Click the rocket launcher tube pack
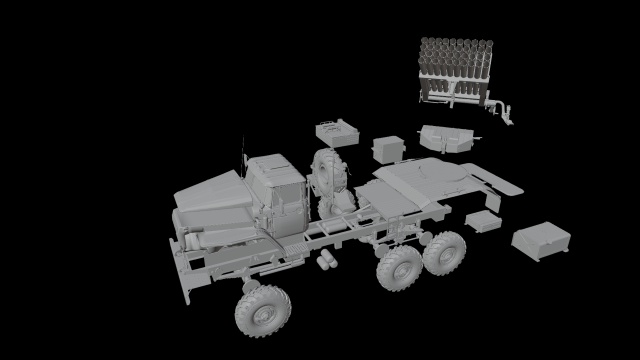(454, 66)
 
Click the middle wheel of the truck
(399, 268)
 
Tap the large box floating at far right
(541, 239)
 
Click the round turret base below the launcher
(446, 138)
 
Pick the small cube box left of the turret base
(389, 149)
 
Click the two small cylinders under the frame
(324, 262)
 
